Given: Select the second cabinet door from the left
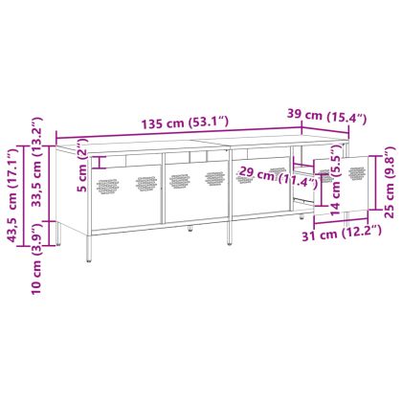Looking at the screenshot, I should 194,187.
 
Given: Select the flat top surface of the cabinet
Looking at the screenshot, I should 191,143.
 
